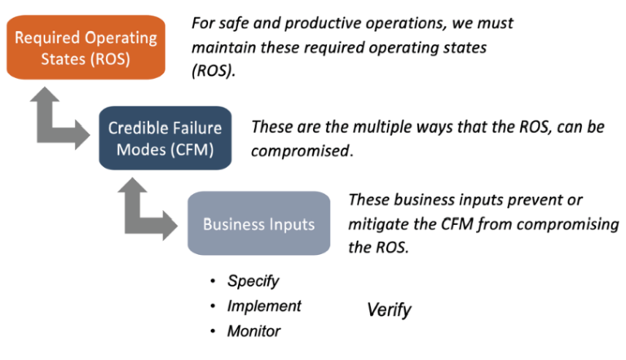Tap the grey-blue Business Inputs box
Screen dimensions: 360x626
[258, 224]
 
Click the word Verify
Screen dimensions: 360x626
[389, 310]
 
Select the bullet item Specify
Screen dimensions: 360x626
[253, 281]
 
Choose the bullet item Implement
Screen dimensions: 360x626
[264, 306]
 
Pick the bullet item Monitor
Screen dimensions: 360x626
[254, 331]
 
